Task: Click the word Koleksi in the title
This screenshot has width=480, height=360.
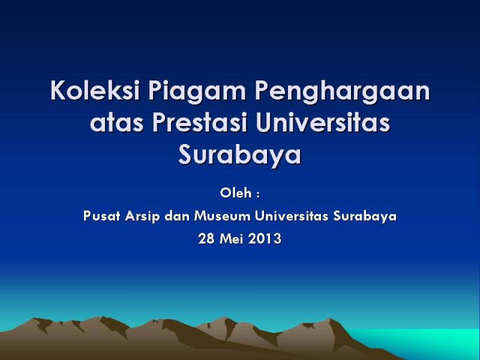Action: tap(95, 91)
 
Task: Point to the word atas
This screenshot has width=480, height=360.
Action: tap(116, 123)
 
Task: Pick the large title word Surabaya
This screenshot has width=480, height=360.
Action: tap(239, 156)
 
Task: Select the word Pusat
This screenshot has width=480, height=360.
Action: tap(101, 216)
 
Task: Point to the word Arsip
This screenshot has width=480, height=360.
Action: tap(142, 217)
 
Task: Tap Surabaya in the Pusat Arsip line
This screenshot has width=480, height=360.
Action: tap(365, 217)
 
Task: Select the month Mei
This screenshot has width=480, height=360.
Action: tap(232, 239)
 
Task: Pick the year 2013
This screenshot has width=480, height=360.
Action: tap(265, 239)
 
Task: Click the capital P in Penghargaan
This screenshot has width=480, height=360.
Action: tap(262, 91)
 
